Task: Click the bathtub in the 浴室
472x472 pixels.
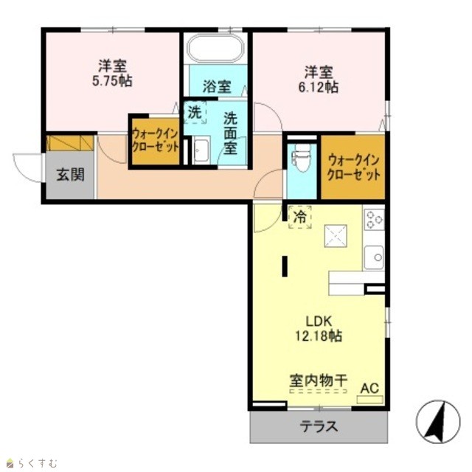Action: pos(215,49)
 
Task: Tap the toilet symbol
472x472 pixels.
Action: pos(302,157)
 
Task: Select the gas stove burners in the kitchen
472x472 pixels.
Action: pos(374,220)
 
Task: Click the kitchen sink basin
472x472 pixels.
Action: pos(374,257)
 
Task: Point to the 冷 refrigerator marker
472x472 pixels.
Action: pos(300,218)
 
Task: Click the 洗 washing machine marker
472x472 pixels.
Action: pos(195,113)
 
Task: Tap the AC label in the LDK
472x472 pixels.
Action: pos(369,389)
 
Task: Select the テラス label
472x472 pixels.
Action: pos(319,426)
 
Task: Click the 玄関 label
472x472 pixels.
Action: pos(71,175)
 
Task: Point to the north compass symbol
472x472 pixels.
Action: pos(438,422)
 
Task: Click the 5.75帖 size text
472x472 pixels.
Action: pos(112,80)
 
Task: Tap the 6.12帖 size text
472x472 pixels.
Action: pos(318,87)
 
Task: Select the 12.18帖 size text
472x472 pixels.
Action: pos(319,336)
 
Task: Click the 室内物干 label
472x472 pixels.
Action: pos(319,381)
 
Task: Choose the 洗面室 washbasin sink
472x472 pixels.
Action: pos(201,150)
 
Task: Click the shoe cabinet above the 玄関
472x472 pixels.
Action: pos(71,143)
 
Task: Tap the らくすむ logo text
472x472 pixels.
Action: pos(38,462)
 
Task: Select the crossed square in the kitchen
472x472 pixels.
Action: pos(336,236)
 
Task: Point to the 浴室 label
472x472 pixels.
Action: pos(217,87)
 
